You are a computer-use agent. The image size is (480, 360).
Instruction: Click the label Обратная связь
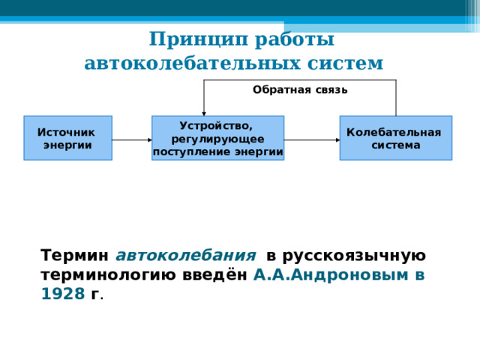[x=300, y=90]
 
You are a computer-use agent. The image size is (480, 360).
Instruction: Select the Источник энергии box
[x=67, y=138]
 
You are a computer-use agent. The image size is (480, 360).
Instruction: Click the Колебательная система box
[x=395, y=138]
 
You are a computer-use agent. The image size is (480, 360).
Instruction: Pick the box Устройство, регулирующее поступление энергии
[x=217, y=138]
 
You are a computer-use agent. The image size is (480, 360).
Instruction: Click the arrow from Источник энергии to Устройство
[x=131, y=139]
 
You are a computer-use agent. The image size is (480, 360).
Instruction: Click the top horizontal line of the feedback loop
[x=300, y=79]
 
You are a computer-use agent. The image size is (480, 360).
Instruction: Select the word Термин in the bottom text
[x=75, y=255]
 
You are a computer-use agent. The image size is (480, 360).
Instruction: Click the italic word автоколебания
[x=186, y=255]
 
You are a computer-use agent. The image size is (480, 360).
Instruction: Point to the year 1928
[x=62, y=294]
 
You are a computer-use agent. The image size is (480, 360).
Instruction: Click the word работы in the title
[x=291, y=39]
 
